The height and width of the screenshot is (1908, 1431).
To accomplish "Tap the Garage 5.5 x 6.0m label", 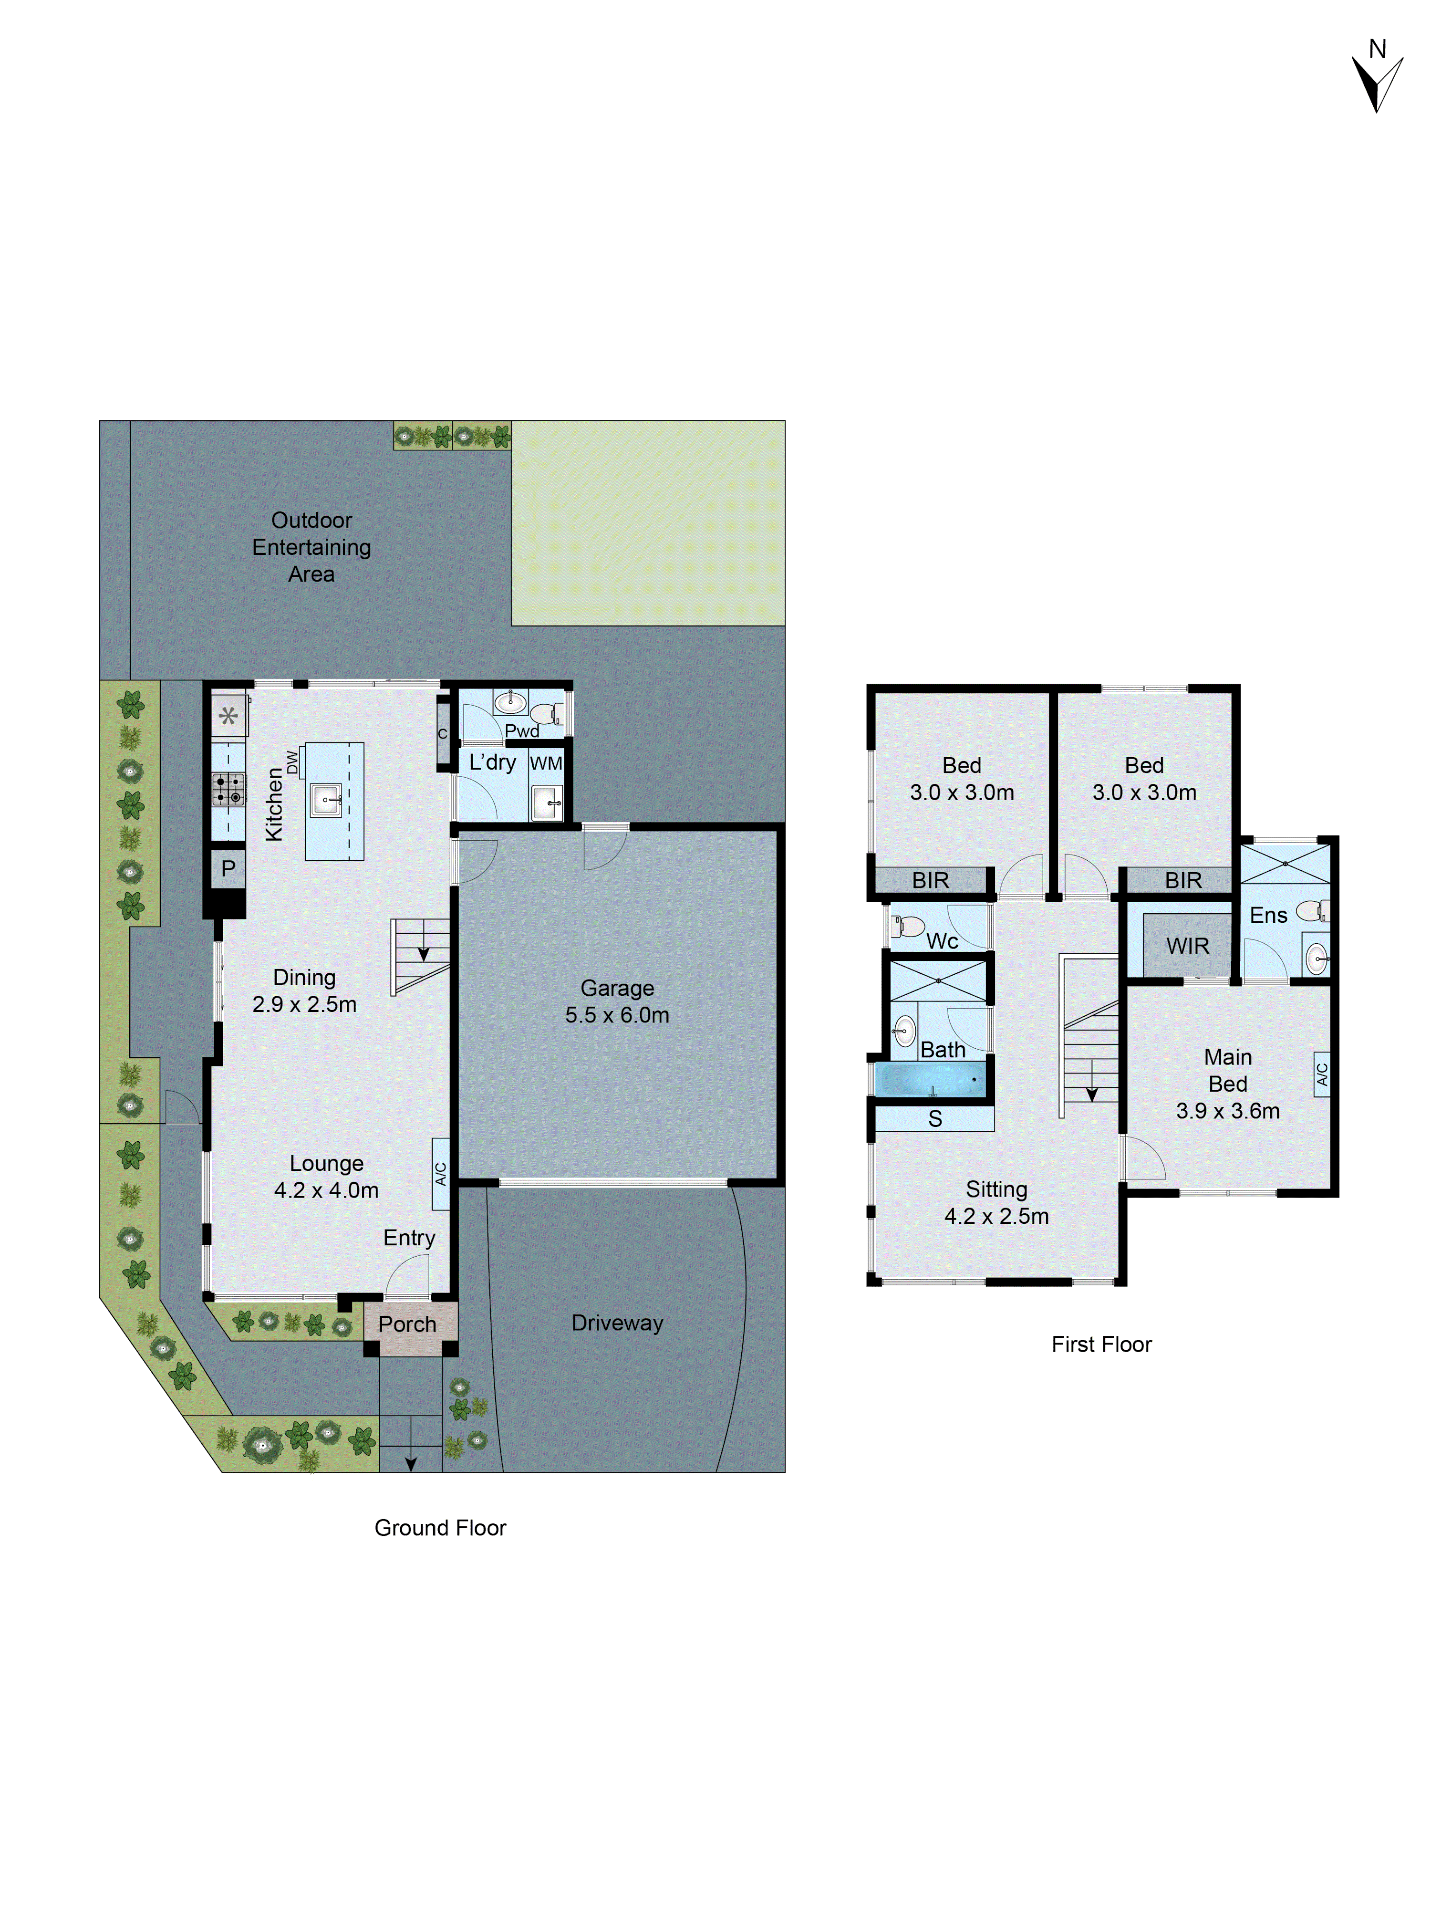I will [x=617, y=1001].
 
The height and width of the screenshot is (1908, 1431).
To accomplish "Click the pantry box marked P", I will [x=228, y=869].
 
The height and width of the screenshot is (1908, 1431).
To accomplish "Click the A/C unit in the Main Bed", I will [x=1321, y=1074].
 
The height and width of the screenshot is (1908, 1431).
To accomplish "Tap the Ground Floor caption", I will [x=440, y=1528].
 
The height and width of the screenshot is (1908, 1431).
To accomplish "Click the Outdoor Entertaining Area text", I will [x=311, y=547].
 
